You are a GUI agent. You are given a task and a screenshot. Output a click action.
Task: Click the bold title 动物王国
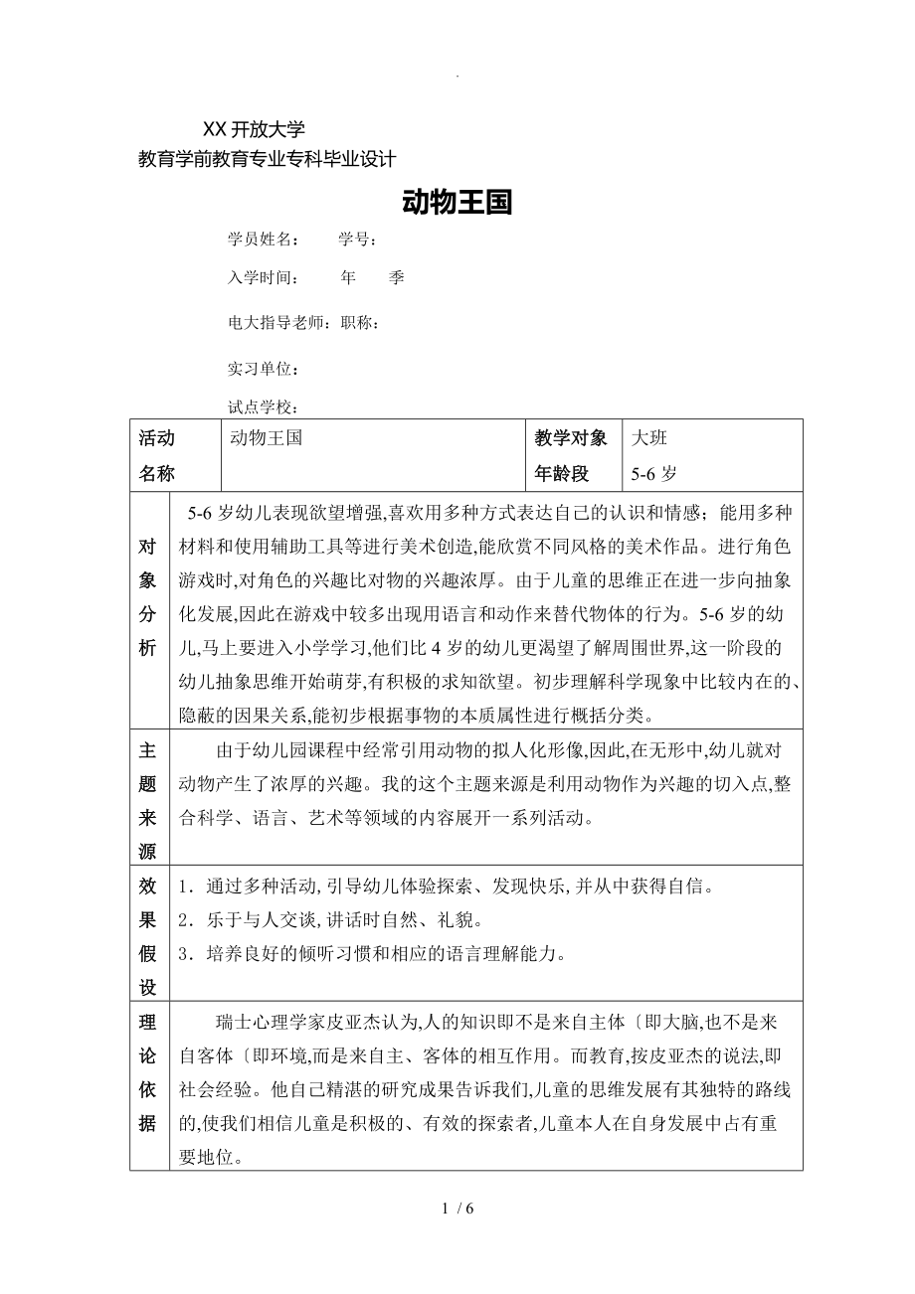[x=457, y=203]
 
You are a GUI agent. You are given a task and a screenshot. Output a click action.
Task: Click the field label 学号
[x=355, y=240]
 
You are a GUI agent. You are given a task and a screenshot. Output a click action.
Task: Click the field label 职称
[x=359, y=323]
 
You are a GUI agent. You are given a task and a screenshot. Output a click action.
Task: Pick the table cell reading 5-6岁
[x=654, y=474]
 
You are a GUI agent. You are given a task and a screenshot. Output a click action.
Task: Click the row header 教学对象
[x=570, y=437]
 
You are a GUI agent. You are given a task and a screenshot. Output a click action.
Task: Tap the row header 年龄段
[x=562, y=474]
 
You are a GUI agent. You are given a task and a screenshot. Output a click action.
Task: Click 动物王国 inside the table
[x=266, y=437]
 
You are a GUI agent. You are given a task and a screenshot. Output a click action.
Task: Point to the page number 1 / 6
[x=457, y=1209]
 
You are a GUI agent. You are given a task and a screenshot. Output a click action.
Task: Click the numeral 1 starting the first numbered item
[x=183, y=886]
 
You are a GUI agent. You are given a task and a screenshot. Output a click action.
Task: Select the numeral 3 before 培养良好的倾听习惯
[x=183, y=955]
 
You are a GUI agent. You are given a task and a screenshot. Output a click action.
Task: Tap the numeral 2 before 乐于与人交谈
[x=183, y=920]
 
